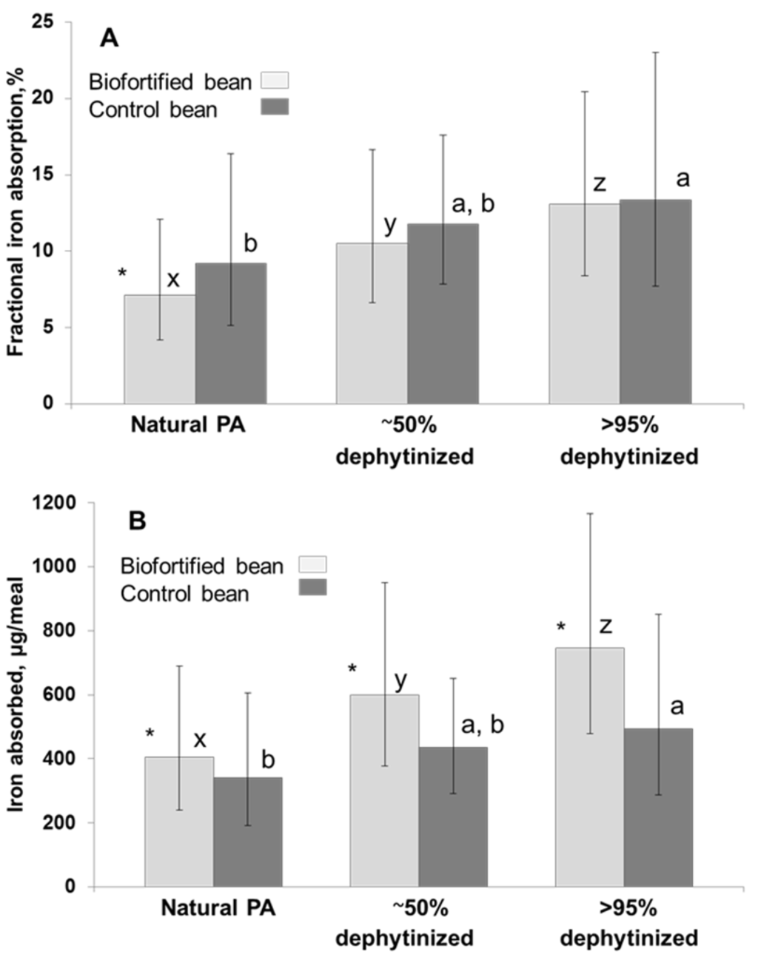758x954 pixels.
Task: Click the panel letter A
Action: [109, 38]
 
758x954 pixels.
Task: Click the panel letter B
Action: [138, 521]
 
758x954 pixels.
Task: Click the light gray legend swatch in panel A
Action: [275, 81]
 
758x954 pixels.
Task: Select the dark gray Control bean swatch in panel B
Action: [312, 588]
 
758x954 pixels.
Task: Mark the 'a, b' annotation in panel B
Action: [482, 725]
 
